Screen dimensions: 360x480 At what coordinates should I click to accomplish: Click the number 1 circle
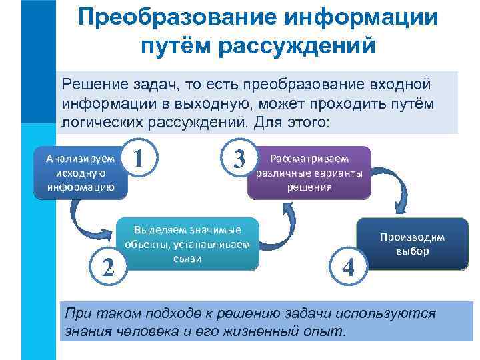click(x=140, y=159)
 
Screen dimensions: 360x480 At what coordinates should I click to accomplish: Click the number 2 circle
click(x=107, y=266)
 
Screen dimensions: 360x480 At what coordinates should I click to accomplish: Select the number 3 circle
click(x=239, y=159)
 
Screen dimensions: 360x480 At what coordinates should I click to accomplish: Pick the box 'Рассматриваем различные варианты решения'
click(x=309, y=173)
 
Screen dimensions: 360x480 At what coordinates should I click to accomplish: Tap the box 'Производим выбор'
click(x=413, y=245)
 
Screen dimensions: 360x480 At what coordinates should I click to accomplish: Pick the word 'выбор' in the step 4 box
click(x=413, y=252)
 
